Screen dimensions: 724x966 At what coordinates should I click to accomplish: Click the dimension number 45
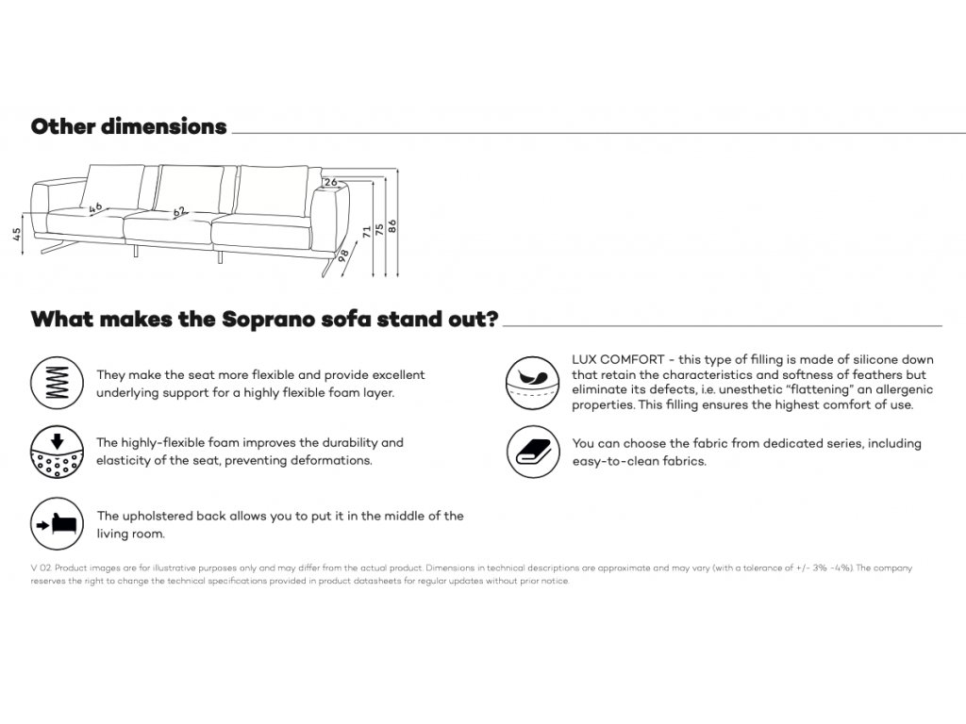point(17,235)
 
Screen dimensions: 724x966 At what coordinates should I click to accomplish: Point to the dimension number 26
point(330,182)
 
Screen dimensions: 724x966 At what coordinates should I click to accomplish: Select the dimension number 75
point(379,229)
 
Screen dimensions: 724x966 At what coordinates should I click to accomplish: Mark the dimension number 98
point(344,254)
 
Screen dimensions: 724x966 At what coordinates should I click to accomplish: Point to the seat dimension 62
point(179,213)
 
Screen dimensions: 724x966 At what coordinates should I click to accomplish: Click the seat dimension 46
point(95,207)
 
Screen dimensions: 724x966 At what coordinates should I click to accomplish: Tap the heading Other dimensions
point(128,126)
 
